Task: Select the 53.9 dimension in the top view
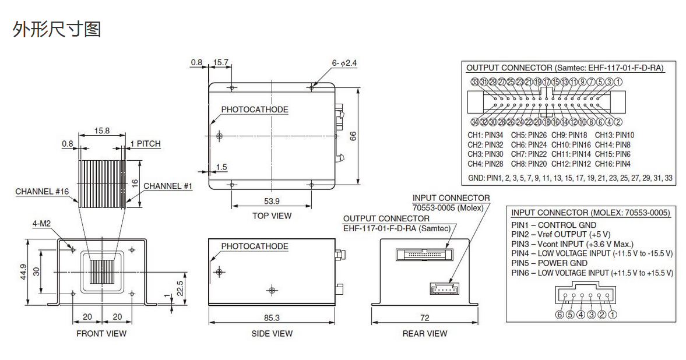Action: click(272, 201)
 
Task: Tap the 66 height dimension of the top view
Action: click(353, 135)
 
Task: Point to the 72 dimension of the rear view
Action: click(424, 317)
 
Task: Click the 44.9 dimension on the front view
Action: click(23, 271)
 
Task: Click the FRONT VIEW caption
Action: click(101, 334)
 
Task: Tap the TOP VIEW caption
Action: click(272, 216)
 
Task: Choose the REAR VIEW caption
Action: click(425, 334)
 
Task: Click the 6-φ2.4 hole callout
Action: click(344, 63)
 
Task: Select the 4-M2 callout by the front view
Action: click(43, 223)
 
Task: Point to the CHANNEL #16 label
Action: click(42, 191)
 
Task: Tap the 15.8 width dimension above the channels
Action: click(101, 131)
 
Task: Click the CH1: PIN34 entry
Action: click(486, 135)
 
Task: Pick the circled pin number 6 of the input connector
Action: click(560, 315)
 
